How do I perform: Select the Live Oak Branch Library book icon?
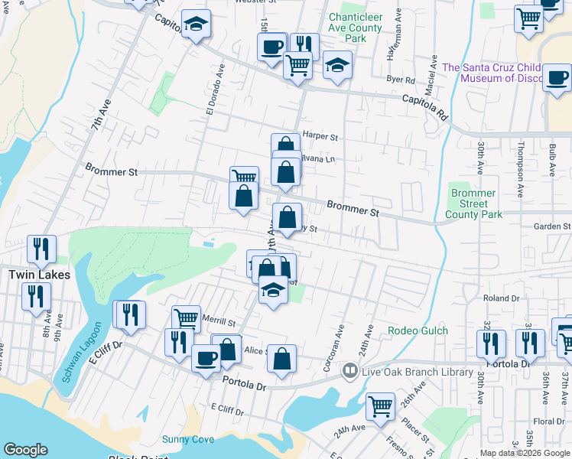tap(350, 371)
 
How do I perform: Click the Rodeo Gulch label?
tap(415, 330)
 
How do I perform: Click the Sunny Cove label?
tap(187, 439)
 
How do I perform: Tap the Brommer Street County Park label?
tap(474, 204)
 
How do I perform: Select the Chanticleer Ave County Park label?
tap(356, 28)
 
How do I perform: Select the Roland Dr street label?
tap(502, 298)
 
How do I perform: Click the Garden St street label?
tap(552, 226)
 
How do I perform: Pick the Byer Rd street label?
tap(401, 80)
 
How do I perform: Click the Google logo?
tap(25, 450)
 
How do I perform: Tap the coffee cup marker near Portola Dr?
tap(205, 357)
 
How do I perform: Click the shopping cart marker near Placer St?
tap(380, 406)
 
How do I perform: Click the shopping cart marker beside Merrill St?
tap(186, 318)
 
